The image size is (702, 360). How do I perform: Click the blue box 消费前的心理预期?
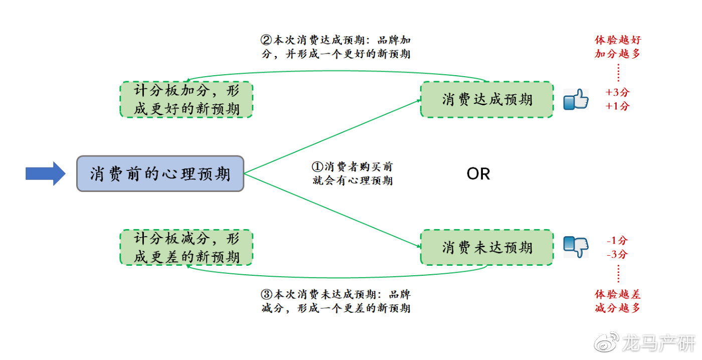[x=160, y=173]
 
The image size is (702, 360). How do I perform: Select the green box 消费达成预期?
[x=486, y=99]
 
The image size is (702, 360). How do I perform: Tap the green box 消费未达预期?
[x=486, y=247]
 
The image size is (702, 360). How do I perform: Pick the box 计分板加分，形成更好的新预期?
[x=186, y=100]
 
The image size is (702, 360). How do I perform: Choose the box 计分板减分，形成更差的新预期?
[x=186, y=248]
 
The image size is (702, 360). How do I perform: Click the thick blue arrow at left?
[x=45, y=173]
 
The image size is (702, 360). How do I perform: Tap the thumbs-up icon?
[x=575, y=99]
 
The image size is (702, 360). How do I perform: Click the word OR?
[x=478, y=174]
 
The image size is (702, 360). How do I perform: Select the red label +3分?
[x=617, y=93]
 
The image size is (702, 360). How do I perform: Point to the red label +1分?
[x=617, y=106]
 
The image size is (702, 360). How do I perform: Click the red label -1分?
[x=617, y=241]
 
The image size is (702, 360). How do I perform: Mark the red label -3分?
[x=617, y=254]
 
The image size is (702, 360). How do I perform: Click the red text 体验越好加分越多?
[x=617, y=47]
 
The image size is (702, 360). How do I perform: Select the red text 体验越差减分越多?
[x=617, y=301]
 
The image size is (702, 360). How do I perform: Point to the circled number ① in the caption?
[x=317, y=166]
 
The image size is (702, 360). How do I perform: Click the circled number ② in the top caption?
[x=266, y=40]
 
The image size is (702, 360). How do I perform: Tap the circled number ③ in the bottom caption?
[x=266, y=294]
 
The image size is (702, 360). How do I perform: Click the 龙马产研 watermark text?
[x=659, y=343]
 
